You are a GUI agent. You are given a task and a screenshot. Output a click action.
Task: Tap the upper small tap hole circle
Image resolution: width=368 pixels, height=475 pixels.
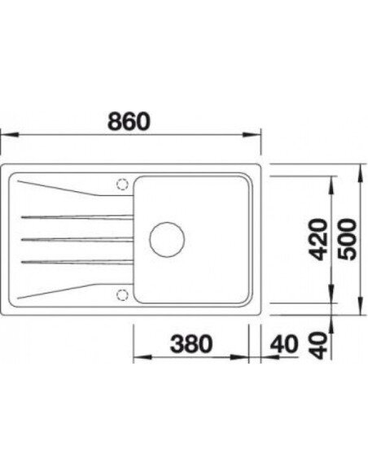(123, 183)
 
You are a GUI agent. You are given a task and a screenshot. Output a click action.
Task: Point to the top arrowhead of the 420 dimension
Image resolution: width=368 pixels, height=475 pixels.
(331, 186)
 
